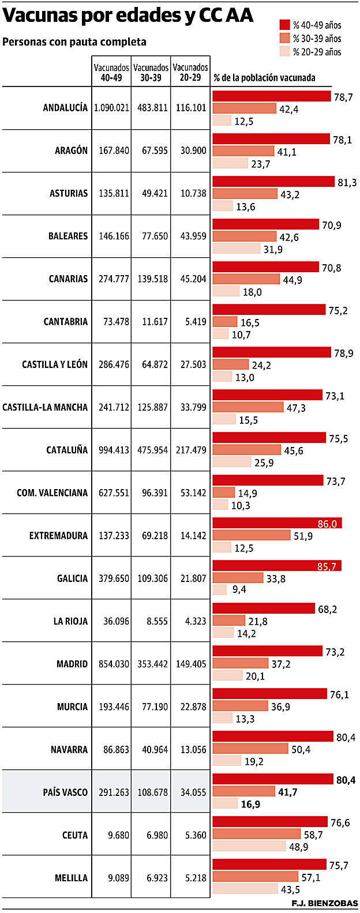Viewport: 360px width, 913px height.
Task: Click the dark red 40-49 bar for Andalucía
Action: tap(271, 96)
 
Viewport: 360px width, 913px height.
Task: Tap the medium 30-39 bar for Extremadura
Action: tap(252, 535)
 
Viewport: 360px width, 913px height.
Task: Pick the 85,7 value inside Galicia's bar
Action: tap(327, 567)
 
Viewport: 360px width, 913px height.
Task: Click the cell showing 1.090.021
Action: tap(111, 108)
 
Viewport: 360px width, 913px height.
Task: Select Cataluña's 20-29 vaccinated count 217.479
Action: tap(190, 450)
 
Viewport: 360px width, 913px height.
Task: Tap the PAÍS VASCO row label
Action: tap(65, 792)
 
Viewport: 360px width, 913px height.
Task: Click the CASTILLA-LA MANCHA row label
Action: tap(45, 407)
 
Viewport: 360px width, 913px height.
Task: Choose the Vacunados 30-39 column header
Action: tap(151, 72)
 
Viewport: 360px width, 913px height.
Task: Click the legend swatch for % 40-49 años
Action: tap(284, 25)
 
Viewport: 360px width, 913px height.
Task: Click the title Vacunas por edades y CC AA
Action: tap(128, 16)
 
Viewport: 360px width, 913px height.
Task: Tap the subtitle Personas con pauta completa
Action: tap(74, 42)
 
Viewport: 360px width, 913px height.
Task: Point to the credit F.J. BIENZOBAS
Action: tap(325, 903)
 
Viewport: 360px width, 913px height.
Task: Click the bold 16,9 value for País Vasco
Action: tap(250, 804)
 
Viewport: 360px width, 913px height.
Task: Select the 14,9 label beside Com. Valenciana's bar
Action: tap(247, 493)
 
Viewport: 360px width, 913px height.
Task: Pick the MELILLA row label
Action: tap(72, 878)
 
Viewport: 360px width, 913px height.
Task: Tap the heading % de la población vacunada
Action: tap(264, 77)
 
